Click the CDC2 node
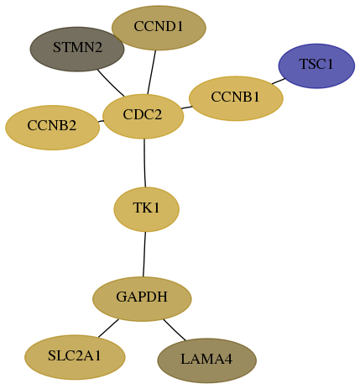143,116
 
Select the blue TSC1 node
316,66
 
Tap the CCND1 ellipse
159,28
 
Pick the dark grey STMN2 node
77,49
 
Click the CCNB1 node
236,98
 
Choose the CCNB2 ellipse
52,128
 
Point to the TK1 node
146,209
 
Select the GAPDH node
142,299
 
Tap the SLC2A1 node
75,357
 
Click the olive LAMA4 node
207,360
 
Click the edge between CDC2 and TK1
144,163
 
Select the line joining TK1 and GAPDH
144,255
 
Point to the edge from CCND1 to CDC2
151,72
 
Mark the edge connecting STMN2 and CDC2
111,82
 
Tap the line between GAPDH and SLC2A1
108,328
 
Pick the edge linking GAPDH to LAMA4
175,330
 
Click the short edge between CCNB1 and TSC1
279,81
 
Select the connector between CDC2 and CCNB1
186,108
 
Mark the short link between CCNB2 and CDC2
101,121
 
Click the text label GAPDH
142,297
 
